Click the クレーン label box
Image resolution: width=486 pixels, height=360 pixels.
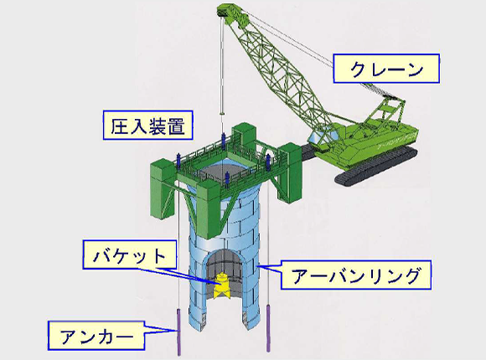click(386, 69)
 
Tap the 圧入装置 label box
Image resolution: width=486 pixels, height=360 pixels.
click(147, 126)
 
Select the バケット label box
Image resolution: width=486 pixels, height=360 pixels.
click(130, 254)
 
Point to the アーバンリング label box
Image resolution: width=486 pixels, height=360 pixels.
click(355, 275)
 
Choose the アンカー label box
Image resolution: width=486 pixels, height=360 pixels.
click(96, 336)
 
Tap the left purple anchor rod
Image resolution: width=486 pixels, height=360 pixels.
click(178, 332)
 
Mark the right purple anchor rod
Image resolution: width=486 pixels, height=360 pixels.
click(268, 328)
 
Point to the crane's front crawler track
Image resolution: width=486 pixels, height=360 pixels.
click(375, 167)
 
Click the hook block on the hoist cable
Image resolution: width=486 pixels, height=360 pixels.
click(221, 113)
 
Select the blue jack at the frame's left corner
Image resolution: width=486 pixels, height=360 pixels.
click(178, 161)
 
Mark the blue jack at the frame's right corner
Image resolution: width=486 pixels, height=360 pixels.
click(268, 162)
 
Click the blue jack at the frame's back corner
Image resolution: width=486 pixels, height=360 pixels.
click(223, 141)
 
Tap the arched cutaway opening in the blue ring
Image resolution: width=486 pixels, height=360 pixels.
click(224, 274)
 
